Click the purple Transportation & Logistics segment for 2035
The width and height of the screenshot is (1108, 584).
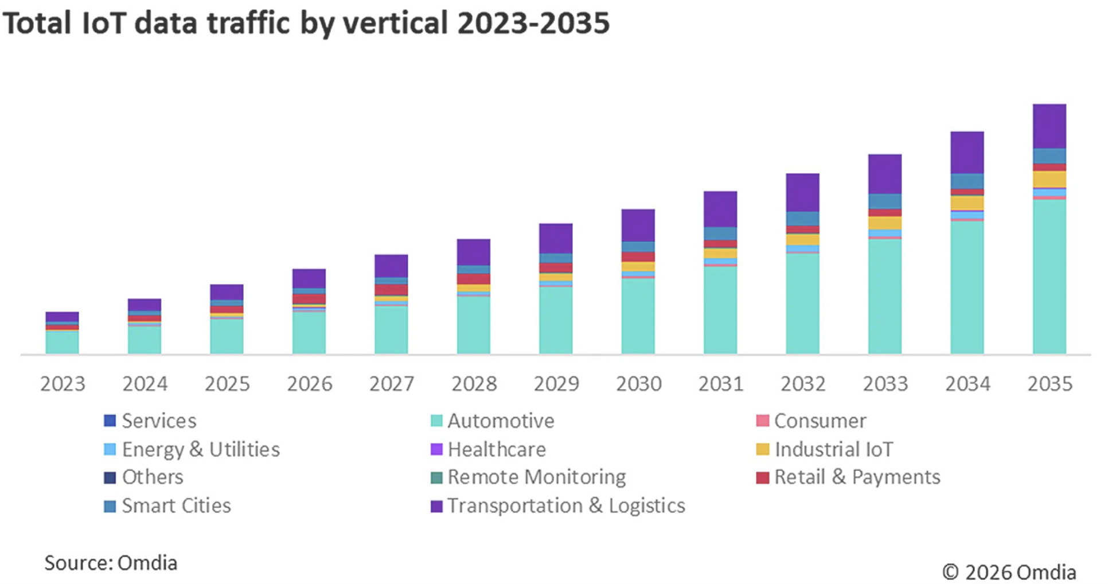pyautogui.click(x=1049, y=126)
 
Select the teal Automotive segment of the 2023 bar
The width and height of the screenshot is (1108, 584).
pyautogui.click(x=62, y=342)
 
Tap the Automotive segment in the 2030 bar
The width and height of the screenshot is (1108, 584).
pyautogui.click(x=638, y=316)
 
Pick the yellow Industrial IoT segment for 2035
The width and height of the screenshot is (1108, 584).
pyautogui.click(x=1049, y=179)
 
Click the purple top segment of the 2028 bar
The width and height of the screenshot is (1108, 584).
pyautogui.click(x=473, y=252)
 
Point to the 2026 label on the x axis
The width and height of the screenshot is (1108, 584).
pyautogui.click(x=309, y=384)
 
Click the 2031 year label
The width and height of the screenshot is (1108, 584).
pyautogui.click(x=720, y=384)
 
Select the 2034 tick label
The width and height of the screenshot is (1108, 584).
pyautogui.click(x=967, y=384)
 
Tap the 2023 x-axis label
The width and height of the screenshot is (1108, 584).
pyautogui.click(x=63, y=384)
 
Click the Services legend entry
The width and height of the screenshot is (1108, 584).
pyautogui.click(x=159, y=421)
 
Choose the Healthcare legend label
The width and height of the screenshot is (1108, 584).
pyautogui.click(x=497, y=449)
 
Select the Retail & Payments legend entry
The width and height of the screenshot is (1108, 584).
pyautogui.click(x=857, y=477)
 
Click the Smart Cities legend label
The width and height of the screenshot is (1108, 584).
pyautogui.click(x=176, y=506)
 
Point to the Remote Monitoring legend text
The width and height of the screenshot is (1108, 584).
pyautogui.click(x=536, y=477)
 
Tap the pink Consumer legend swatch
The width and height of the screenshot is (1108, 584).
pyautogui.click(x=762, y=421)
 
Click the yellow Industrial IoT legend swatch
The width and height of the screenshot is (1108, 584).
pyautogui.click(x=762, y=449)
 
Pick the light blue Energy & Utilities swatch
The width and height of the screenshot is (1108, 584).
pyautogui.click(x=110, y=449)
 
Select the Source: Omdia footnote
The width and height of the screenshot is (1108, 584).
pyautogui.click(x=111, y=563)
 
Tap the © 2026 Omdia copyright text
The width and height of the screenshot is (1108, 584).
pyautogui.click(x=1009, y=572)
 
